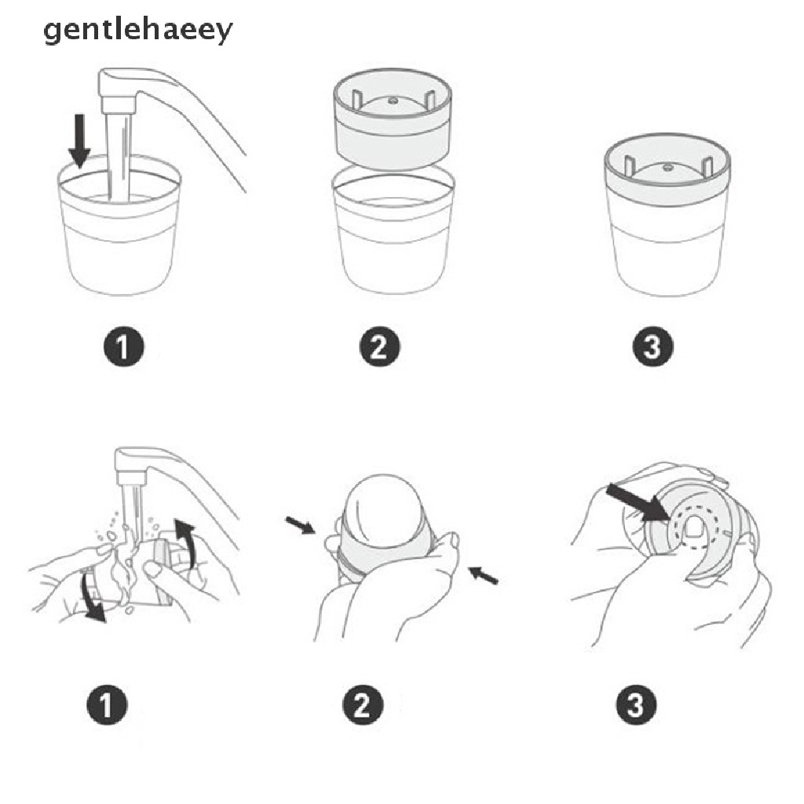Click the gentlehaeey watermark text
(x=137, y=31)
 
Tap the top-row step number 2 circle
(x=379, y=346)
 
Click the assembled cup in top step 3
(x=667, y=220)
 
